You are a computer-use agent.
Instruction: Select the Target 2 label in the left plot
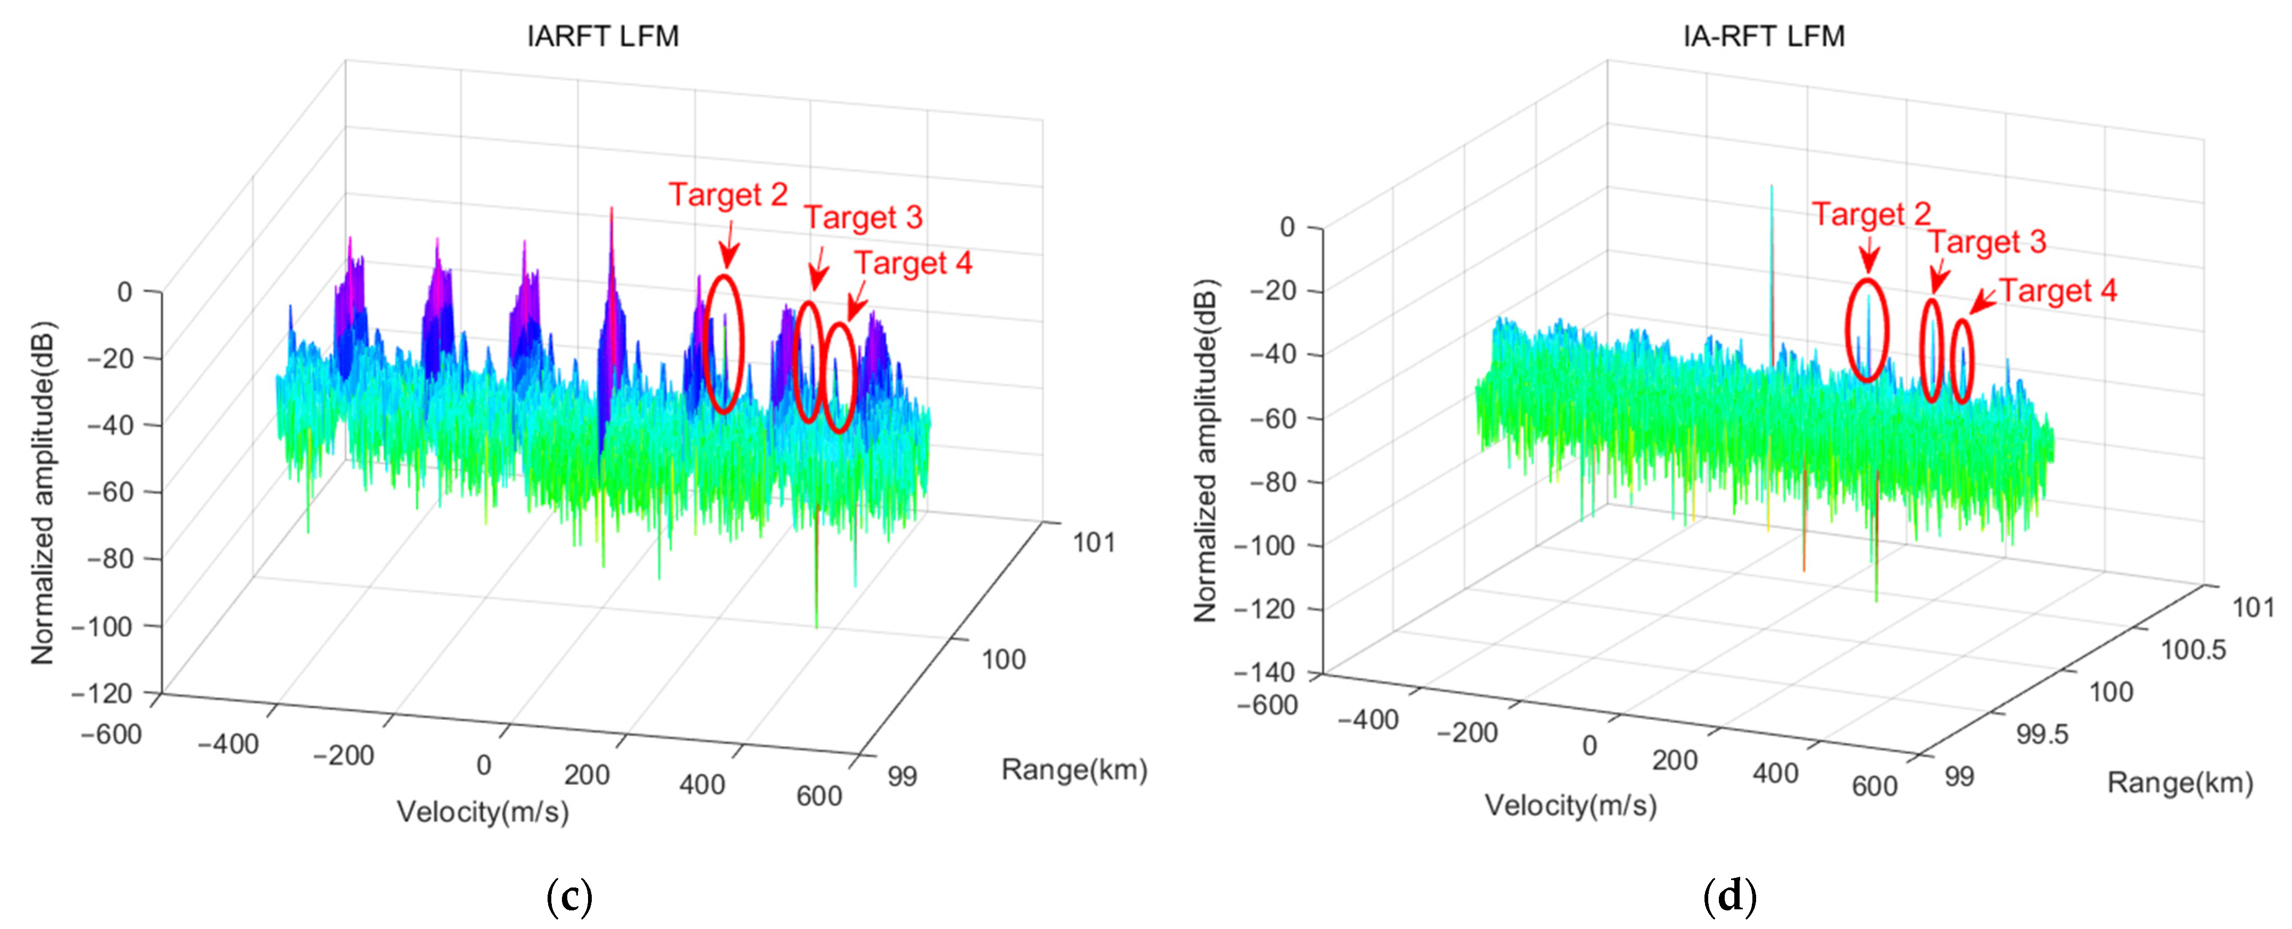pyautogui.click(x=728, y=194)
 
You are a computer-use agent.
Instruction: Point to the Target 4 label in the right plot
pyautogui.click(x=2058, y=291)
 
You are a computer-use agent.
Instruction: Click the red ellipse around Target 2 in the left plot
pyautogui.click(x=723, y=344)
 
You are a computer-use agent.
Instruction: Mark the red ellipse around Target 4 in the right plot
pyautogui.click(x=1962, y=360)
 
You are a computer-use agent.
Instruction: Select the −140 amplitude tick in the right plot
pyautogui.click(x=1263, y=672)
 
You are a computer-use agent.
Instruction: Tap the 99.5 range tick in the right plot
pyautogui.click(x=2042, y=734)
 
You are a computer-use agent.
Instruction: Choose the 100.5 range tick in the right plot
pyautogui.click(x=2193, y=650)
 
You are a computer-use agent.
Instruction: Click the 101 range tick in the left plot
pyautogui.click(x=1094, y=542)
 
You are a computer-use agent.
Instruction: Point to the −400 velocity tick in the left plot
pyautogui.click(x=228, y=743)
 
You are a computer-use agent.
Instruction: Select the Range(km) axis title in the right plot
pyautogui.click(x=2180, y=783)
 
